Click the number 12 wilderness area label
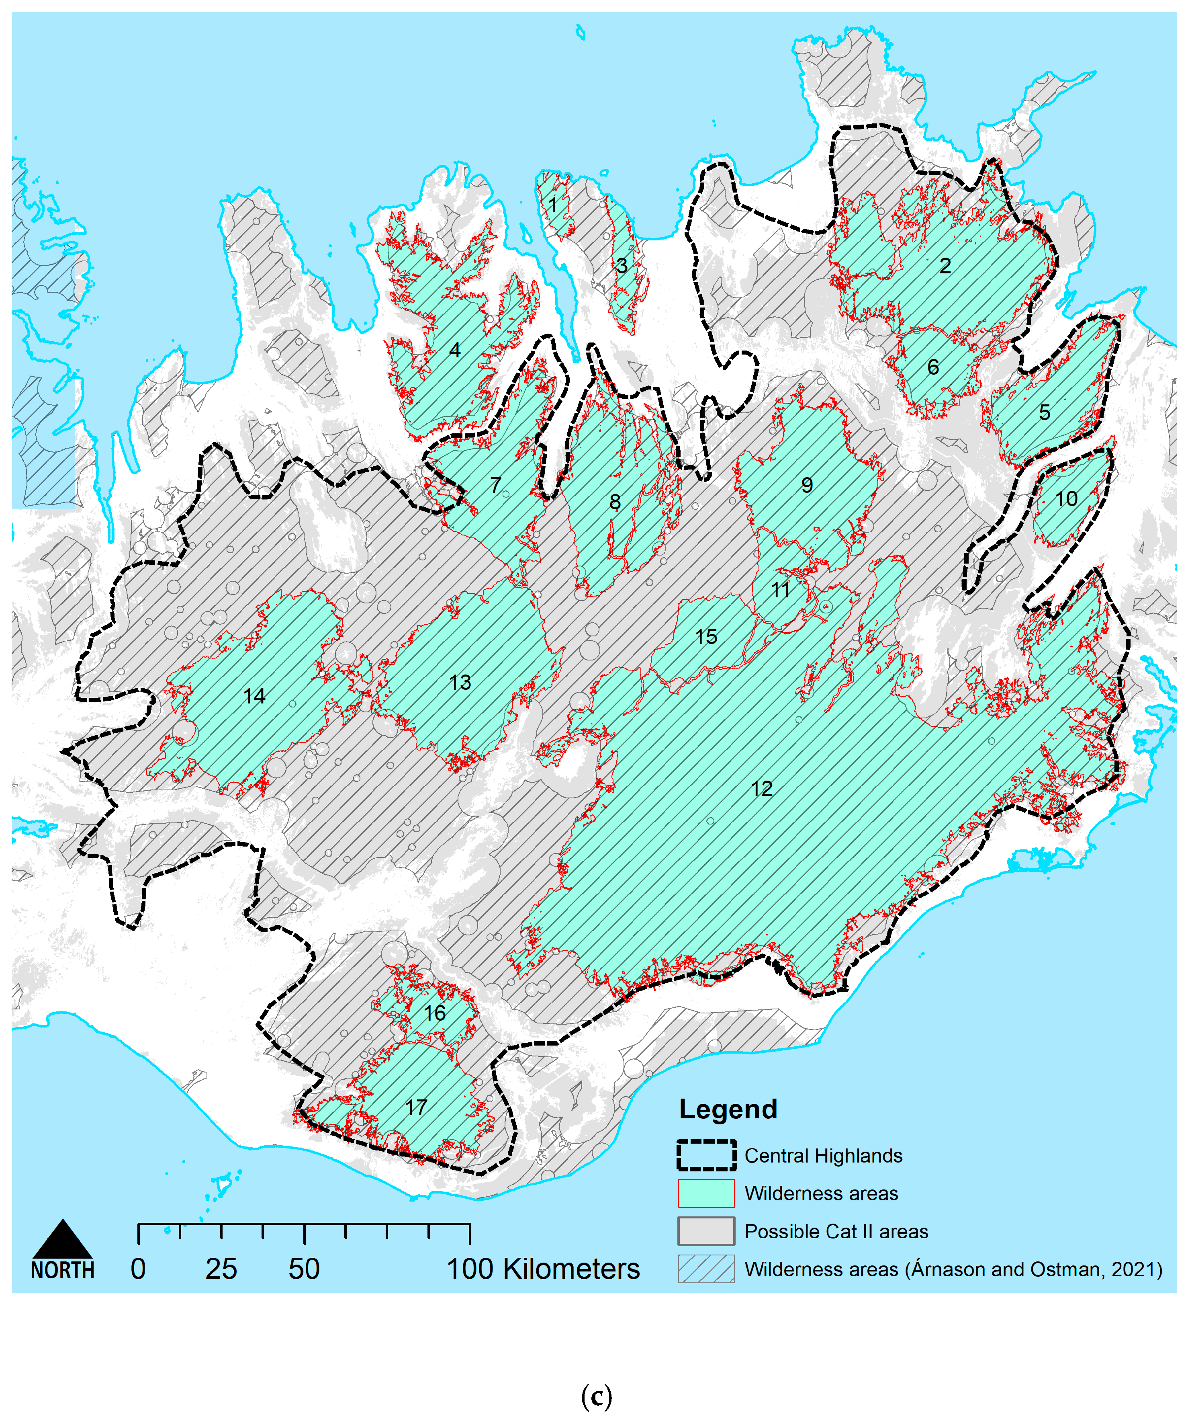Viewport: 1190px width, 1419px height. tap(762, 789)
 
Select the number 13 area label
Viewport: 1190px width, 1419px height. tap(460, 683)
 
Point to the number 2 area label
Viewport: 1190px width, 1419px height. tap(945, 266)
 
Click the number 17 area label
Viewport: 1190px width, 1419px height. tap(416, 1107)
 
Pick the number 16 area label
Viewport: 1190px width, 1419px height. tap(435, 1013)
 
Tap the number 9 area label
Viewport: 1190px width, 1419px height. tap(807, 485)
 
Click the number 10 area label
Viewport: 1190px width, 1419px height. tap(1066, 499)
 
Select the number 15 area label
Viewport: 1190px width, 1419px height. tap(706, 636)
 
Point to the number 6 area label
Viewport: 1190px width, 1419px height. tap(933, 367)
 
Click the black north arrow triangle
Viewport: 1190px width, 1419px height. tap(62, 1241)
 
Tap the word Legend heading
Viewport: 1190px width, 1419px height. tap(728, 1109)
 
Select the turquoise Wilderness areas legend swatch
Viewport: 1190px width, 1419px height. tap(706, 1193)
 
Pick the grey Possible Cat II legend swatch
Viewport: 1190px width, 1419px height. tap(706, 1231)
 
